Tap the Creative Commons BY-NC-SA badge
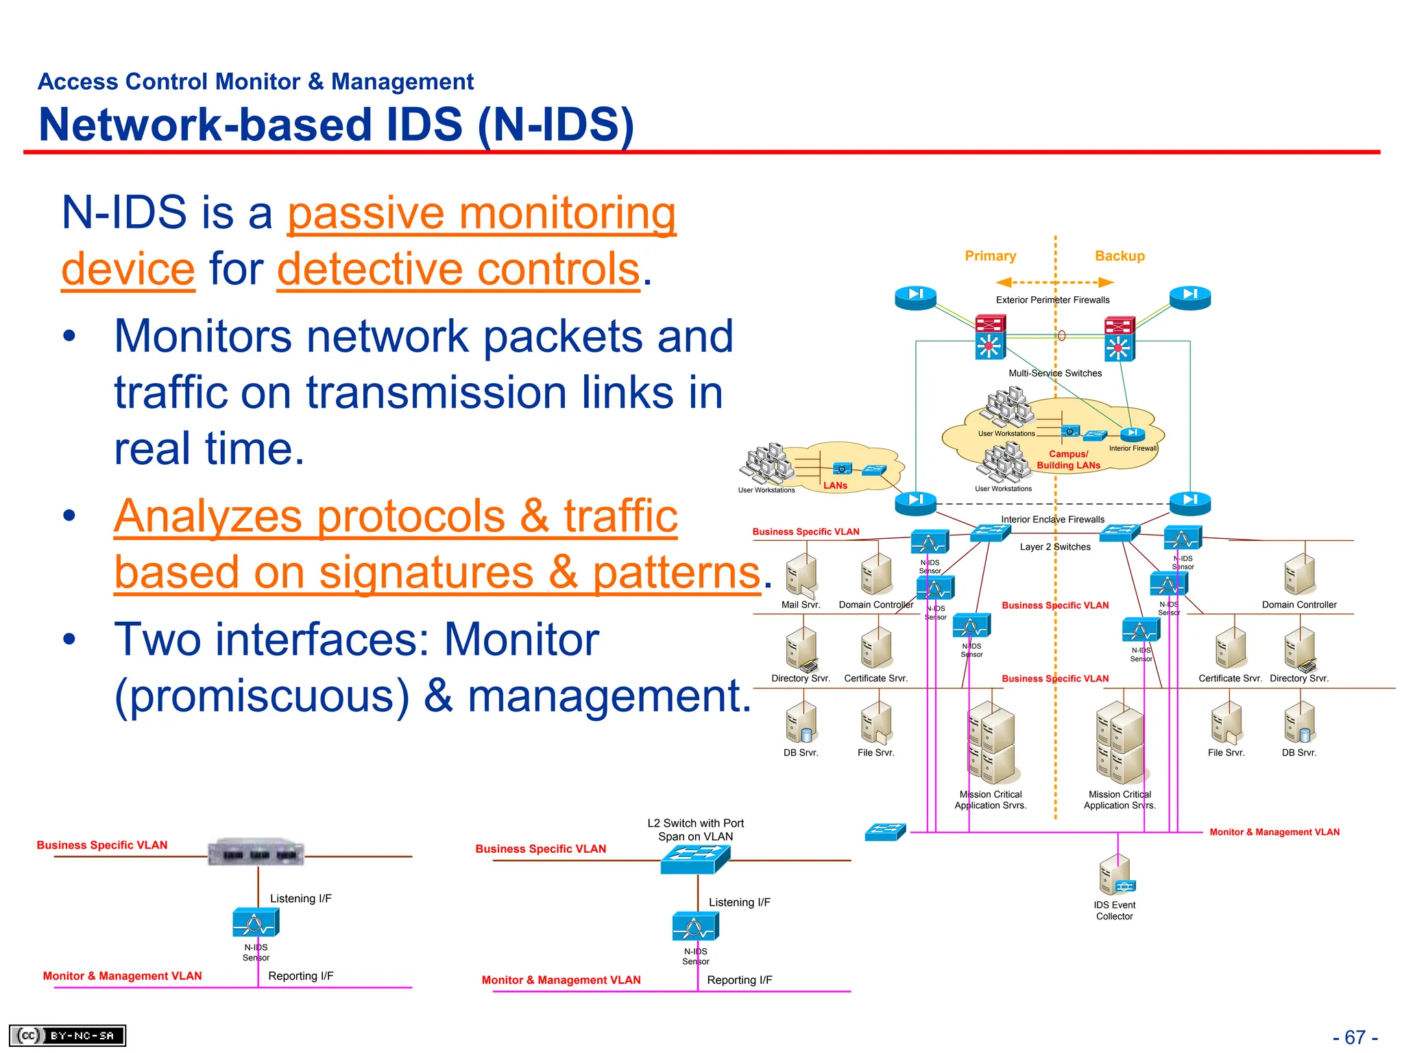pyautogui.click(x=67, y=1035)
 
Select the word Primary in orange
pyautogui.click(x=990, y=256)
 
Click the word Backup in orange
pyautogui.click(x=1119, y=256)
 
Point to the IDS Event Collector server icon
pyautogui.click(x=1115, y=875)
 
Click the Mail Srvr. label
pyautogui.click(x=800, y=605)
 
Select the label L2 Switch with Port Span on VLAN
pyautogui.click(x=695, y=830)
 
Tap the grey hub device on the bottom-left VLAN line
pyautogui.click(x=256, y=852)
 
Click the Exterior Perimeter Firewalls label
pyautogui.click(x=1052, y=300)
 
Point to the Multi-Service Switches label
pyautogui.click(x=1055, y=373)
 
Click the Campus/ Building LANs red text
pyautogui.click(x=1068, y=459)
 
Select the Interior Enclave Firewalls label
pyautogui.click(x=1052, y=519)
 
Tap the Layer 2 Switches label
pyautogui.click(x=1054, y=546)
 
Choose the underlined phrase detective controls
pyautogui.click(x=458, y=269)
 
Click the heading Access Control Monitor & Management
pyautogui.click(x=255, y=82)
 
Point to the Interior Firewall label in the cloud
pyautogui.click(x=1133, y=448)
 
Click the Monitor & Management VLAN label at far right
pyautogui.click(x=1274, y=832)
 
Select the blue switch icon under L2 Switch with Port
pyautogui.click(x=695, y=858)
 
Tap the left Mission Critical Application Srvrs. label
pyautogui.click(x=990, y=800)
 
